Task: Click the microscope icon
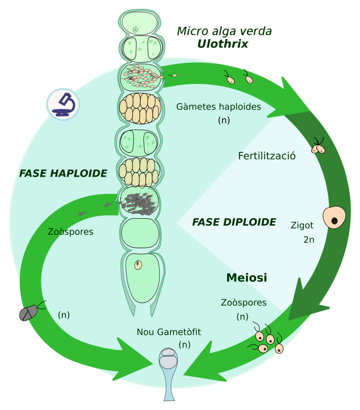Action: point(63,104)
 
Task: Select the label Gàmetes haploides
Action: point(218,107)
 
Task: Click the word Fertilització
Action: point(267,156)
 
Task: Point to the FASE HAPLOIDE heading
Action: point(63,173)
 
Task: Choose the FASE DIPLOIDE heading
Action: point(234,222)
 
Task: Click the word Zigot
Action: point(302,226)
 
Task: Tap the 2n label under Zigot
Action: point(309,240)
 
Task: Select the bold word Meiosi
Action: point(246,278)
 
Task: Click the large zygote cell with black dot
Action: point(334,217)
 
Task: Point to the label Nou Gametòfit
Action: point(169,332)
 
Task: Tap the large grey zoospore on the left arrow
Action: point(28,313)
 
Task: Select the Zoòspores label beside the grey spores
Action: point(70,232)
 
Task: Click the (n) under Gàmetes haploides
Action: point(224,120)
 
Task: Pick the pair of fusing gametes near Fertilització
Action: point(318,148)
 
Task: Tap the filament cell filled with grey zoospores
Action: point(140,201)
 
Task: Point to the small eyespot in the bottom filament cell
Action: point(138,265)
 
